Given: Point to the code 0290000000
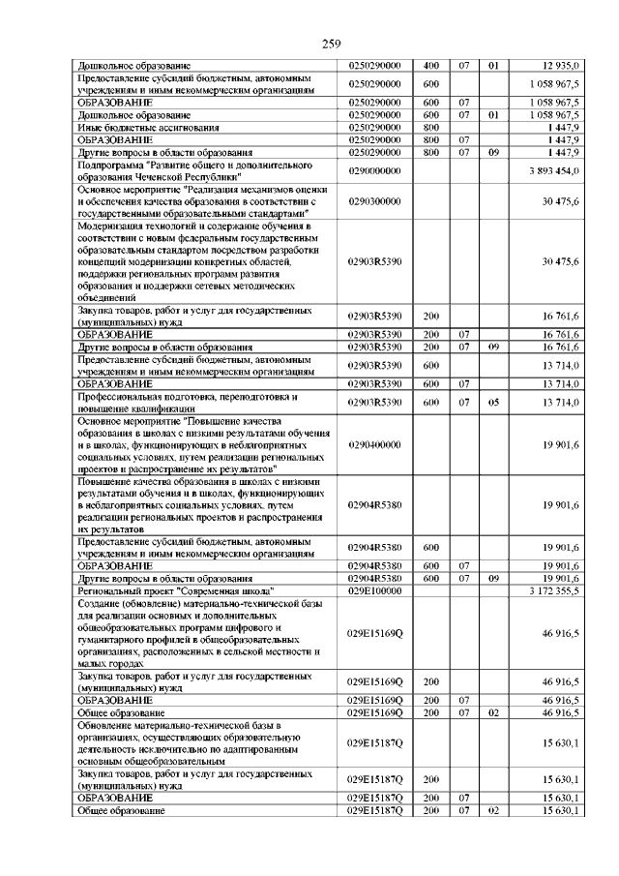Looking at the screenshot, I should click(x=374, y=170).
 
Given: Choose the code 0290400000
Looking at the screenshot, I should click(x=374, y=445).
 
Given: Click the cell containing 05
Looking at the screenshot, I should click(x=492, y=402).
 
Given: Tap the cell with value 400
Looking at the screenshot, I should click(x=431, y=66).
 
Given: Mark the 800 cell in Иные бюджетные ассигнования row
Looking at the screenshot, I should click(x=431, y=128).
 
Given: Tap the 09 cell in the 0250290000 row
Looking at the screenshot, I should click(x=492, y=152).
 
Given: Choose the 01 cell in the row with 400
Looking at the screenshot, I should click(x=492, y=66).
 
